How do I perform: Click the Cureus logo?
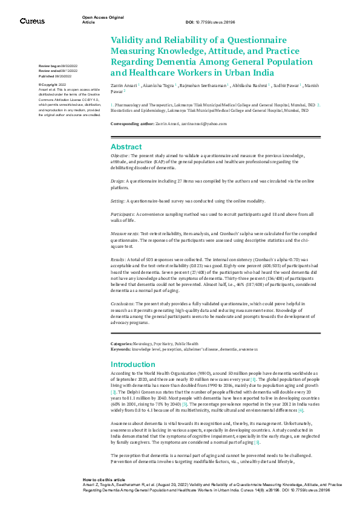31,21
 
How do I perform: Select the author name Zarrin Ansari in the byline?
123,86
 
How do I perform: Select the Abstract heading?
126,147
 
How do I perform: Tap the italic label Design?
117,181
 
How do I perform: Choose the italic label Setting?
118,201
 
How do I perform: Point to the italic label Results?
119,259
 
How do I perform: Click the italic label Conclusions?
123,304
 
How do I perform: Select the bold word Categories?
122,343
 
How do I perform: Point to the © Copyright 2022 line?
53,85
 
